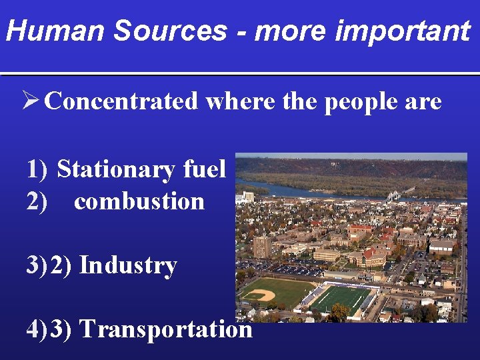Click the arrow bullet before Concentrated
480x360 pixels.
click(x=31, y=101)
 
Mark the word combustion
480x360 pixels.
click(x=139, y=201)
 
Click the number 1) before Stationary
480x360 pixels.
click(x=37, y=169)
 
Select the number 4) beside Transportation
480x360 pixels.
click(x=37, y=328)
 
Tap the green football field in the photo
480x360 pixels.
click(x=341, y=298)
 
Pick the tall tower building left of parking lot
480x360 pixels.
click(x=262, y=246)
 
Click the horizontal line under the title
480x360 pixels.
click(x=240, y=73)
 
